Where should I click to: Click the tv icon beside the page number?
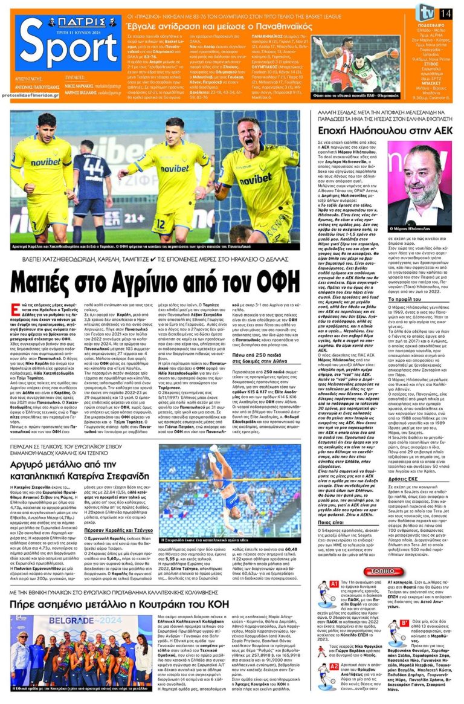tap(428, 12)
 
